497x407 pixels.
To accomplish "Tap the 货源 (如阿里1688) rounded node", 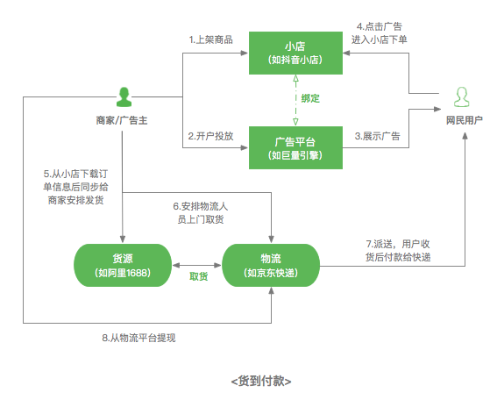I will coord(123,264).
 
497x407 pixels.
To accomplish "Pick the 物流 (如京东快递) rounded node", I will coord(271,264).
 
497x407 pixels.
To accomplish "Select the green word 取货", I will coord(198,276).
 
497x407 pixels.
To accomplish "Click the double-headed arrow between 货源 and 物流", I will coord(197,264).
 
